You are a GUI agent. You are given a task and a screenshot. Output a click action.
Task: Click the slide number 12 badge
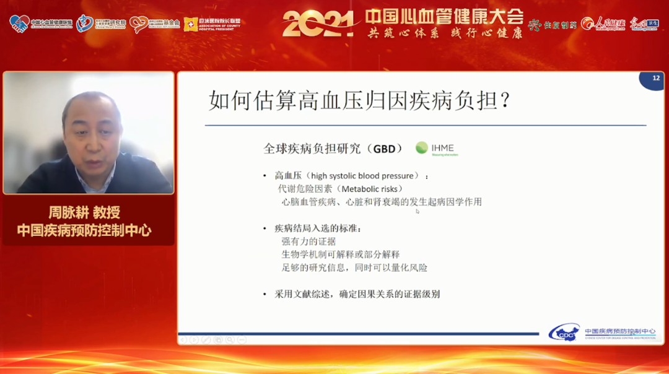(655, 79)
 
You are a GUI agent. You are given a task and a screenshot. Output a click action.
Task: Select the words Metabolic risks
(370, 189)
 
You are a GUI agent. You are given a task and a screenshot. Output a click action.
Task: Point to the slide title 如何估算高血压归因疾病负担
(359, 100)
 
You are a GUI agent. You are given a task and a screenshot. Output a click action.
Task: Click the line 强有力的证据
(308, 241)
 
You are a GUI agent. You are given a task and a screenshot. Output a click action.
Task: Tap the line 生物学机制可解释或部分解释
(341, 254)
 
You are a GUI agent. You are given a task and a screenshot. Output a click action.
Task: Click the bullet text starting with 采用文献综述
(357, 294)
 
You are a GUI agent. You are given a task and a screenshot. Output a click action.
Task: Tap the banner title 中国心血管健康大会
(444, 15)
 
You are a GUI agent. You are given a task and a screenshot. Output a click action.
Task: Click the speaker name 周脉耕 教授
(85, 212)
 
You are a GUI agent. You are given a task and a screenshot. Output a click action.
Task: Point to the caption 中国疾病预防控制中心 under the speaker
(85, 231)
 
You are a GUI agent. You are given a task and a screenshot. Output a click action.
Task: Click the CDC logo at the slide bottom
(564, 333)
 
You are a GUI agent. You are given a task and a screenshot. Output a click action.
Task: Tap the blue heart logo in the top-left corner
(19, 24)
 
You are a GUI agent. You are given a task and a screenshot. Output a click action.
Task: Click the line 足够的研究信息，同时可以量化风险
(354, 267)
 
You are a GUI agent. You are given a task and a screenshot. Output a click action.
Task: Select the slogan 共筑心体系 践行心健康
(444, 32)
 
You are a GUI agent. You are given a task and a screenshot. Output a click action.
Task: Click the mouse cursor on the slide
(418, 211)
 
